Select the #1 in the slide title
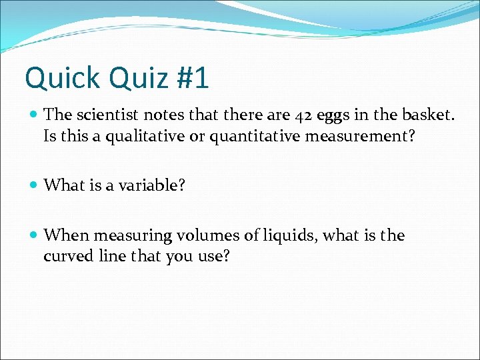click(x=193, y=79)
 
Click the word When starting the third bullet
click(x=67, y=235)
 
